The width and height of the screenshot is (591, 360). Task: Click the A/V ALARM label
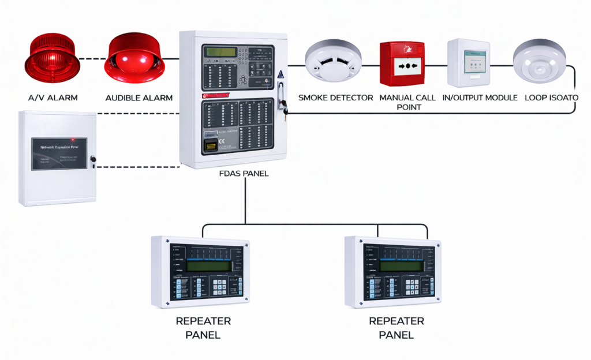tap(53, 97)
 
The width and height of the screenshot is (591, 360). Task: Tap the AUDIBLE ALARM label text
tap(139, 97)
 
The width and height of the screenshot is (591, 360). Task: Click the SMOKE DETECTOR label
tap(335, 97)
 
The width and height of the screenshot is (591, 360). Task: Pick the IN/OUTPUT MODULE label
tap(480, 97)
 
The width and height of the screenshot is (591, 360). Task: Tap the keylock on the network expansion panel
tap(93, 158)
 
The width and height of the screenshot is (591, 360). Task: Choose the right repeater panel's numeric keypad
tap(412, 287)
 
